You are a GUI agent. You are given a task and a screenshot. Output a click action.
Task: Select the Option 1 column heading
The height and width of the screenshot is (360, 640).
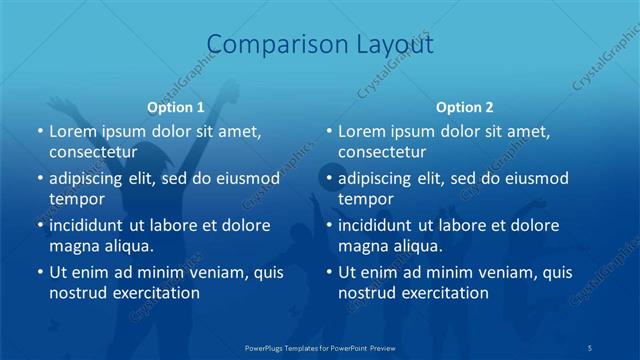176,107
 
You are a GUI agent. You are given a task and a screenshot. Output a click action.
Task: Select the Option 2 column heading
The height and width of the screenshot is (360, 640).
465,107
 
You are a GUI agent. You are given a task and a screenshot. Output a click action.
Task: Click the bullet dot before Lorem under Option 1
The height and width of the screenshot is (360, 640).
39,131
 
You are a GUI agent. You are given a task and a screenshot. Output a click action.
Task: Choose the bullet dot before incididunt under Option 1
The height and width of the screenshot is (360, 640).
39,226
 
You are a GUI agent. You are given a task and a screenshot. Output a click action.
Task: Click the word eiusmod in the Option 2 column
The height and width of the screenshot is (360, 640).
537,179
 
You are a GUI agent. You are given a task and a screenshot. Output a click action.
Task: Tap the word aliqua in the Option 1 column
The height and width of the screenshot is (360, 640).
125,245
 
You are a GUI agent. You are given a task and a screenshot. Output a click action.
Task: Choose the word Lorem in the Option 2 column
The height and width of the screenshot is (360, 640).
361,131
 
